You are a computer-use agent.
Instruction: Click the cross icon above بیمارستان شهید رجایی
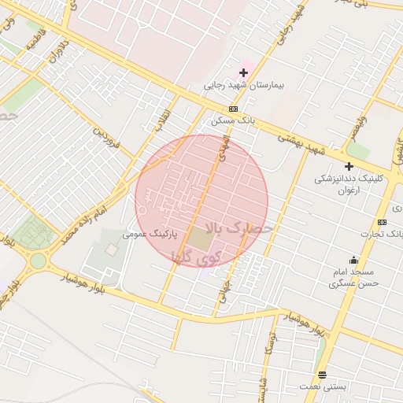pos(244,72)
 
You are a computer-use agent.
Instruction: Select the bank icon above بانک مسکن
pos(233,109)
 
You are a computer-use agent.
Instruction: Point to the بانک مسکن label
pos(229,122)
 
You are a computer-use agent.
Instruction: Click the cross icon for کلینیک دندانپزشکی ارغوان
pos(349,166)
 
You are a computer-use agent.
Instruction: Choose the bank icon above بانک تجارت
pos(382,222)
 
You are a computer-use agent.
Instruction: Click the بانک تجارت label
pos(376,234)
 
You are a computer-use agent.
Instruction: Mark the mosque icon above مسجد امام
pos(354,261)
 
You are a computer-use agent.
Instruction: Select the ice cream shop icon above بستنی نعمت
pos(322,375)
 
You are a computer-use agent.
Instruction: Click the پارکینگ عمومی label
pos(150,235)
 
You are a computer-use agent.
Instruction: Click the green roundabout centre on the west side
pos(38,260)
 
